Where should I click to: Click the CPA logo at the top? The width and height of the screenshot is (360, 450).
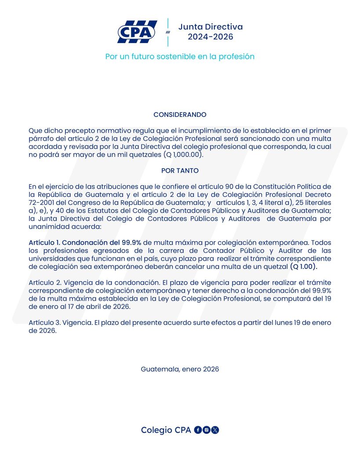(x=137, y=32)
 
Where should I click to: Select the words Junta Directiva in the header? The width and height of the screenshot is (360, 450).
(x=210, y=27)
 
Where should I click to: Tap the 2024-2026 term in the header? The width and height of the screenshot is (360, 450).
(x=210, y=37)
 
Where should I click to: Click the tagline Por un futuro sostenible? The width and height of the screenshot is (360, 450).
(x=180, y=57)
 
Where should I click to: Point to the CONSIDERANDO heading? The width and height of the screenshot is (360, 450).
(x=180, y=115)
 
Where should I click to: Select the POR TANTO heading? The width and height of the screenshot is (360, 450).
(x=180, y=171)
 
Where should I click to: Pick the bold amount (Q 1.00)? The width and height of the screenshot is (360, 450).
(x=303, y=267)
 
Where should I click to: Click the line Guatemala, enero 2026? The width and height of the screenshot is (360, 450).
(x=180, y=369)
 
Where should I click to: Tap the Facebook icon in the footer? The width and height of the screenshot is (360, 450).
(x=198, y=430)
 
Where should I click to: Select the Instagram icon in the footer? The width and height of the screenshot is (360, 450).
(x=206, y=430)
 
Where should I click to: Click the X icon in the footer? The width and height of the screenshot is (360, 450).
(x=215, y=430)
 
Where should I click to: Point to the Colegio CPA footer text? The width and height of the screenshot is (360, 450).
(x=166, y=430)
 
